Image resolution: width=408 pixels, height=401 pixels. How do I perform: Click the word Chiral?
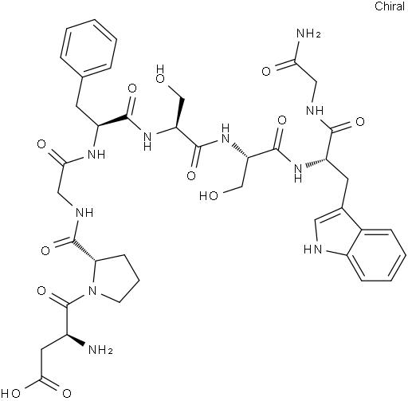pos(390,6)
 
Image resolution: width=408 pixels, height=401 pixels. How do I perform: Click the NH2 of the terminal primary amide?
pos(308,33)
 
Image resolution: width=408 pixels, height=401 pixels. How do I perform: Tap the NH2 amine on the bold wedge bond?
pos(100,349)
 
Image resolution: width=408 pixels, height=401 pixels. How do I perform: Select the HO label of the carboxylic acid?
pos(13,394)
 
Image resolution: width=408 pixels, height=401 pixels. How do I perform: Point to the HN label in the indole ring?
pos(312,250)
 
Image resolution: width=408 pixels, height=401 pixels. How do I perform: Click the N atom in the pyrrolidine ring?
pos(92,290)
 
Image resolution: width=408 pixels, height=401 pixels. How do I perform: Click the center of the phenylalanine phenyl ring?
pos(88,47)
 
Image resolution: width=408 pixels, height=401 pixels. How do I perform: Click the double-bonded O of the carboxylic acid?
pos(67,394)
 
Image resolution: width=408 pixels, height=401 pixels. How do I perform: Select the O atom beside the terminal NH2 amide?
pos(266,71)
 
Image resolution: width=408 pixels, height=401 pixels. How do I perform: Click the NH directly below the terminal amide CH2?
pos(315,110)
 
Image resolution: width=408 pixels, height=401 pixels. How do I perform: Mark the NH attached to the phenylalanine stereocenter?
pos(96,154)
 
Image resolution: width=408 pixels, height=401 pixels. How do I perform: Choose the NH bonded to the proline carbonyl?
pos(84,212)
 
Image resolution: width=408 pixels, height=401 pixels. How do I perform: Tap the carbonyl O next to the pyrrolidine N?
pos(41,290)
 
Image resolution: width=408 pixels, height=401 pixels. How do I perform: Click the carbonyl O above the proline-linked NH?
pos(41,144)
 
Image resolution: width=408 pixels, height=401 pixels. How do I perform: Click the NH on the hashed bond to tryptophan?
pos(298,172)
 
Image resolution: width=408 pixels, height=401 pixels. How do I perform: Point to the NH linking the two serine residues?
pos(226,134)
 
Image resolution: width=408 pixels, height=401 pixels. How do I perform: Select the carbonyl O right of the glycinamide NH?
pos(360,122)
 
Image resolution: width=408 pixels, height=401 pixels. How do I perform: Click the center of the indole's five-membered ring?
pos(337,233)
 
